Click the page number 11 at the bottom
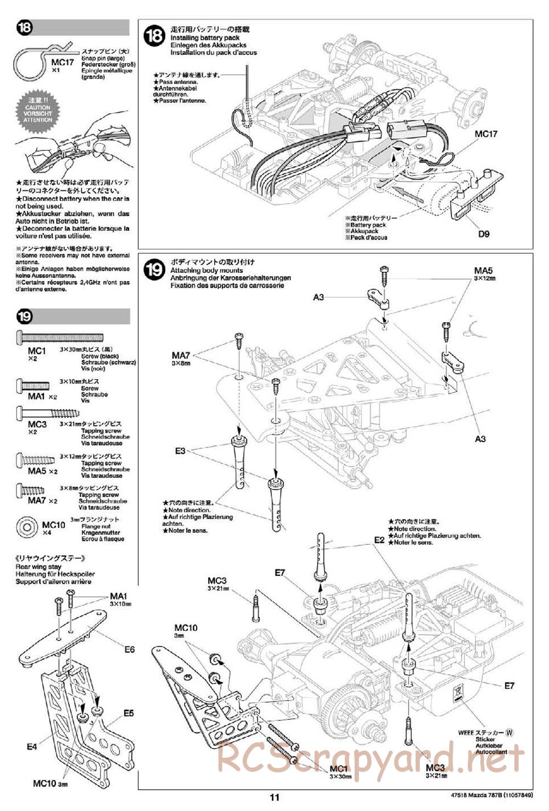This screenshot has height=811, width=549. [275, 798]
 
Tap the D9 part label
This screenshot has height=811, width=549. [483, 234]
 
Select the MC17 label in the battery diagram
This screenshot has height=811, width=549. [485, 134]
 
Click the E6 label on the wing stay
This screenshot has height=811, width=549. [129, 649]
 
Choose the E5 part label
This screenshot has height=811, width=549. [128, 714]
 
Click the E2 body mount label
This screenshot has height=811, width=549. [379, 540]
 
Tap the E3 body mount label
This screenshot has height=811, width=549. [181, 451]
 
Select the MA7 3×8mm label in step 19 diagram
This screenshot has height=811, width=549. [181, 357]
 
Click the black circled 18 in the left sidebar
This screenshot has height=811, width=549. [26, 29]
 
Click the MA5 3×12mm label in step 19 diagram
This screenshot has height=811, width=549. [484, 273]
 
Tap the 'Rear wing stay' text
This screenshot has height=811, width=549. [38, 567]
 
